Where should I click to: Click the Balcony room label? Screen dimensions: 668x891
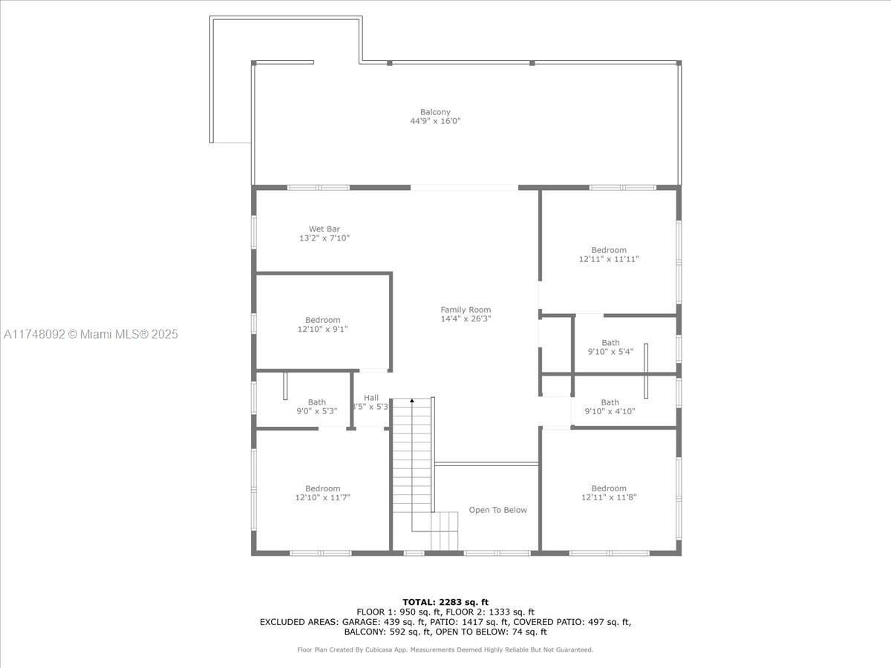(435, 112)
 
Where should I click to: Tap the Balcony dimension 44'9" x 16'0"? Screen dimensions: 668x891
(435, 121)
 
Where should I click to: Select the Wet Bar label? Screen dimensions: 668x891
(324, 229)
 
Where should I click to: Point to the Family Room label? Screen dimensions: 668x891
(466, 310)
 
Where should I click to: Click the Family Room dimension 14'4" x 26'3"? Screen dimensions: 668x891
(466, 318)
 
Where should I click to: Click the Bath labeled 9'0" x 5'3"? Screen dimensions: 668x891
(317, 407)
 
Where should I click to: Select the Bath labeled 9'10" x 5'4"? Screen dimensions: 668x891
(610, 347)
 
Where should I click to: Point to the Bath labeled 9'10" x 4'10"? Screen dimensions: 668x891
(610, 407)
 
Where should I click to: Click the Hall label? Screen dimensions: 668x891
(371, 398)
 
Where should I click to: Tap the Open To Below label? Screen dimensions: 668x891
(497, 510)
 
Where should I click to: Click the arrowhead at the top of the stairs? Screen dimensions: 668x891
(412, 401)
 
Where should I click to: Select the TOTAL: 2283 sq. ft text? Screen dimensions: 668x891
(446, 602)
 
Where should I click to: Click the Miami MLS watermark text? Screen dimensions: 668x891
(91, 335)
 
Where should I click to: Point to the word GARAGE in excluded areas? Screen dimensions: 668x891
(362, 622)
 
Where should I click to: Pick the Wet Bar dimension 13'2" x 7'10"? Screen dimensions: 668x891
(324, 238)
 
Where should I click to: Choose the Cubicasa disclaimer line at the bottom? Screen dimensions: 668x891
(446, 649)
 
